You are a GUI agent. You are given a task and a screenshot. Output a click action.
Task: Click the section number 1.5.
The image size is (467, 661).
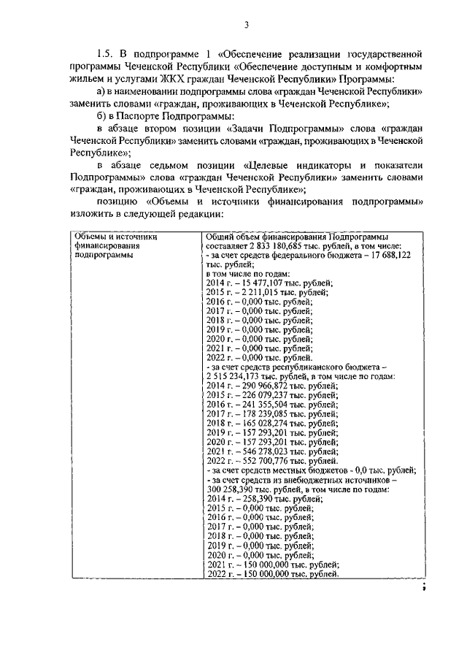coord(107,54)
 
